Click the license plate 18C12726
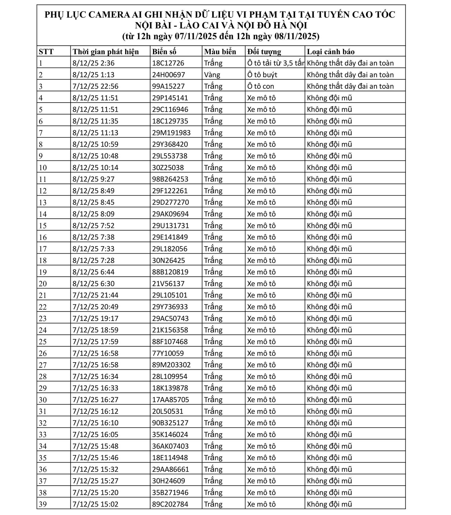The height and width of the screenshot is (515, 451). (x=168, y=63)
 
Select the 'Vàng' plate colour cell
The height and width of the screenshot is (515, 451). (x=212, y=75)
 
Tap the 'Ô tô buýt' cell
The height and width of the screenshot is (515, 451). (x=262, y=75)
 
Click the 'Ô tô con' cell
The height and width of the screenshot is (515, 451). (x=260, y=86)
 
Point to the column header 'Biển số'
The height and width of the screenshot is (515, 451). (x=164, y=52)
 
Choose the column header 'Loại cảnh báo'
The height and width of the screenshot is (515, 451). (x=330, y=52)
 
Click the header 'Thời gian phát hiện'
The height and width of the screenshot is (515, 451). (x=106, y=52)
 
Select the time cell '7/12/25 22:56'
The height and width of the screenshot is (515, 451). (x=95, y=86)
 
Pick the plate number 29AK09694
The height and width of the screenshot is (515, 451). (x=170, y=214)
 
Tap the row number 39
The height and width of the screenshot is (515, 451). (x=43, y=504)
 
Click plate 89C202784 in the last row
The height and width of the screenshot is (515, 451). (x=170, y=504)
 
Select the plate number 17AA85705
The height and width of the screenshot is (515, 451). (x=170, y=400)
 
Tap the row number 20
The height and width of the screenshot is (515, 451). (x=43, y=284)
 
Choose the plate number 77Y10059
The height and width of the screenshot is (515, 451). (x=168, y=353)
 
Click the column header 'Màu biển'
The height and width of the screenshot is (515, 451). (x=220, y=52)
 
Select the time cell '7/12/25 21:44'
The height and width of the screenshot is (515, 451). (x=95, y=295)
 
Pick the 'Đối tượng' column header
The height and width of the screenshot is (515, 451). (x=264, y=52)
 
